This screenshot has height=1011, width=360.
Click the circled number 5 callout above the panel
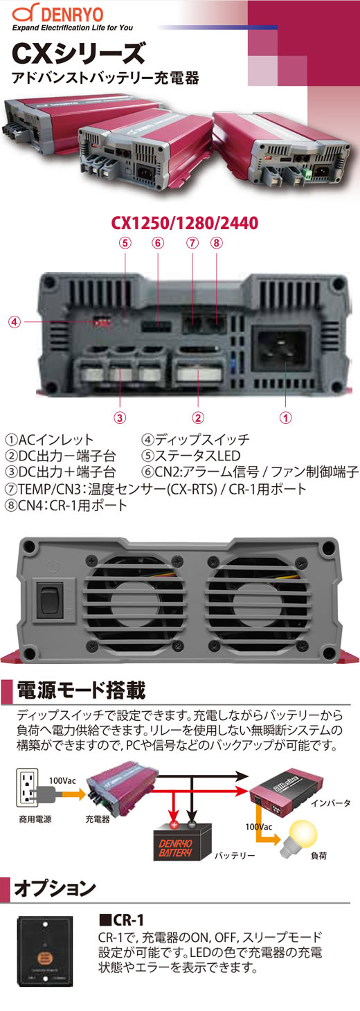pos(125,243)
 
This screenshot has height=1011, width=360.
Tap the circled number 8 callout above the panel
pos(216,243)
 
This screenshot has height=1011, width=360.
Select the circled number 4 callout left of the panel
pos(15,322)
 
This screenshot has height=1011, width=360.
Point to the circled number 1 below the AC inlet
pos(285,418)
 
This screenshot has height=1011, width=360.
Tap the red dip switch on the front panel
pos(101,321)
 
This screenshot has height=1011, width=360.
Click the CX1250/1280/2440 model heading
pos(185,223)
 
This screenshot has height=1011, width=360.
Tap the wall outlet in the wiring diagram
pos(26,787)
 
